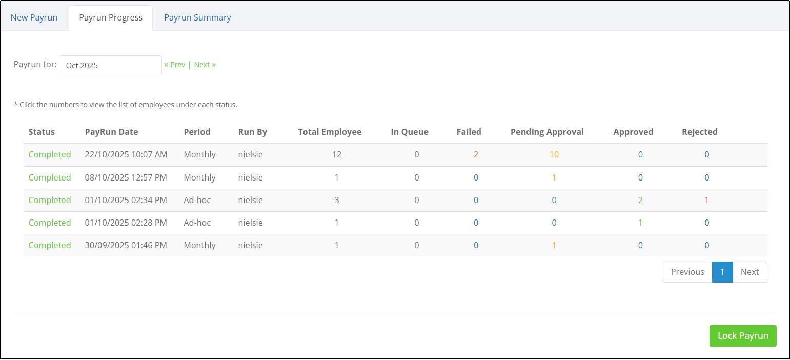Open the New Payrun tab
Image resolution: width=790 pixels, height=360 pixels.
click(x=34, y=17)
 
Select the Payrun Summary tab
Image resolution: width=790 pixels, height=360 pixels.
click(x=197, y=17)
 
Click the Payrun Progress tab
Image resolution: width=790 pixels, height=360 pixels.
click(x=111, y=17)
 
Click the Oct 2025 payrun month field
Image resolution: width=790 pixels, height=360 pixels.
click(x=110, y=65)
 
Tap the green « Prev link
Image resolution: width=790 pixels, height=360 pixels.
click(x=175, y=65)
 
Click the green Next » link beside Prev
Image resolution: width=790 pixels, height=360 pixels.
click(x=205, y=65)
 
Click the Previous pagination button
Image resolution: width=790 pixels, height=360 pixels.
click(x=687, y=272)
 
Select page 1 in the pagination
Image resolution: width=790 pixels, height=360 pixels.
click(x=722, y=272)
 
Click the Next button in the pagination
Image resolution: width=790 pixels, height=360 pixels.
click(x=750, y=272)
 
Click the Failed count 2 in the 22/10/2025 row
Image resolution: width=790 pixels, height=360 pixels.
click(x=476, y=154)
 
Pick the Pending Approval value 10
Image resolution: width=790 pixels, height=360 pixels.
click(x=554, y=154)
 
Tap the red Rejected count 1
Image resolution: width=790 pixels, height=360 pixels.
click(x=707, y=200)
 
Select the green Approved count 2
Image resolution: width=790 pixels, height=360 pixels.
click(x=640, y=200)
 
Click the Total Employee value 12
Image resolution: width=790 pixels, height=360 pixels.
click(x=337, y=154)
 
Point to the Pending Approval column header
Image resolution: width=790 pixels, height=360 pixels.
click(x=547, y=132)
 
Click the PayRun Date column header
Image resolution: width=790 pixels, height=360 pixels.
click(x=111, y=132)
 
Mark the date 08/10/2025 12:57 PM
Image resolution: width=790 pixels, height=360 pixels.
click(x=126, y=177)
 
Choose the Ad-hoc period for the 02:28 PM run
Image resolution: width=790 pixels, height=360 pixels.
click(x=197, y=223)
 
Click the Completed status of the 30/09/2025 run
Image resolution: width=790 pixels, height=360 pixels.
click(x=50, y=245)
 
